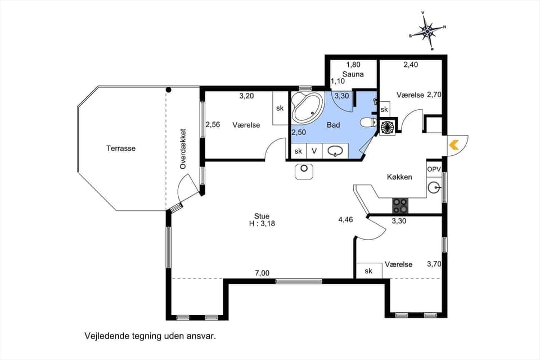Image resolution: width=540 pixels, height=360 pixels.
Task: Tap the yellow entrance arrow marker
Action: pyautogui.click(x=454, y=145)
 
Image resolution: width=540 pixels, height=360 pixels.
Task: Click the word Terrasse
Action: pyautogui.click(x=121, y=148)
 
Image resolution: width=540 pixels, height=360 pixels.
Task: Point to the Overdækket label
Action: pyautogui.click(x=183, y=148)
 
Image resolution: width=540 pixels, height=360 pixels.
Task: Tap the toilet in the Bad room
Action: pyautogui.click(x=368, y=123)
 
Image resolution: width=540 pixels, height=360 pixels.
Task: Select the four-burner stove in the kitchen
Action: pyautogui.click(x=400, y=206)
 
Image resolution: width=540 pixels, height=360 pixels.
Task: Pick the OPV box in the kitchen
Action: pyautogui.click(x=434, y=169)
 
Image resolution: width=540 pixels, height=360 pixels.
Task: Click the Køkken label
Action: pyautogui.click(x=399, y=177)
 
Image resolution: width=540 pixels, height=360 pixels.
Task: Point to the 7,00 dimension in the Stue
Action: pyautogui.click(x=262, y=273)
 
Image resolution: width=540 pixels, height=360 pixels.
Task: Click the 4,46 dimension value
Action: pyautogui.click(x=345, y=219)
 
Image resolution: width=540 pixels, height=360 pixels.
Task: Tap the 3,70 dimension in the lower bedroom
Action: pyautogui.click(x=435, y=263)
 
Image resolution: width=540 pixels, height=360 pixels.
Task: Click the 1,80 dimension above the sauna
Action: pyautogui.click(x=353, y=65)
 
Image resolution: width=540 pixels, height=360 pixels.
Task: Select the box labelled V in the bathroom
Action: pyautogui.click(x=314, y=151)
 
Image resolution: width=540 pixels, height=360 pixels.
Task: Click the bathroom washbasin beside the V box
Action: pyautogui.click(x=336, y=151)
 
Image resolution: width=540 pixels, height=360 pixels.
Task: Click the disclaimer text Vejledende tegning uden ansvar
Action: pyautogui.click(x=150, y=336)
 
